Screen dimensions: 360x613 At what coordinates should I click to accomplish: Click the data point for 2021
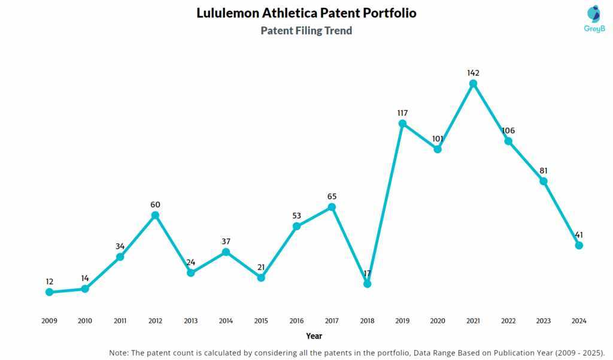[473, 84]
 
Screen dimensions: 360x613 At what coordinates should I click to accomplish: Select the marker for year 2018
[368, 284]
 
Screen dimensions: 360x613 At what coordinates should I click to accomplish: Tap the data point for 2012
[155, 215]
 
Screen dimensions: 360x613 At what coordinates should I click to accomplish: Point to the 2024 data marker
[579, 245]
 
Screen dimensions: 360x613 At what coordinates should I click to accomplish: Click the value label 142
[473, 73]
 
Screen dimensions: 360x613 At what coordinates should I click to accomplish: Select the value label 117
[402, 113]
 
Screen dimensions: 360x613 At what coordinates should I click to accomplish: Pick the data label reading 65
[332, 196]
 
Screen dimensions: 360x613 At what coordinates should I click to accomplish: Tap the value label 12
[49, 281]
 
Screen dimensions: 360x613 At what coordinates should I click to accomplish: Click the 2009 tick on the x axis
[49, 321]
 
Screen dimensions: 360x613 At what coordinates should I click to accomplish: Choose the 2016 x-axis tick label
[296, 321]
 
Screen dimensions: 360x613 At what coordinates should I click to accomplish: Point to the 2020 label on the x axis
[438, 321]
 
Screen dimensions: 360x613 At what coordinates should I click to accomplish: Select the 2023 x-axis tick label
[544, 321]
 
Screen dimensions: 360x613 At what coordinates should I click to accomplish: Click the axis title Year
[314, 336]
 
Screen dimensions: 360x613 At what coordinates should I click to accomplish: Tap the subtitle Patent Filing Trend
[306, 31]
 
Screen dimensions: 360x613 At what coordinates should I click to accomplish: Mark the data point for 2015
[261, 278]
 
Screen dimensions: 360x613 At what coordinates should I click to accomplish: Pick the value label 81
[544, 171]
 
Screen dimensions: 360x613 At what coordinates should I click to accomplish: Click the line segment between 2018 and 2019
[385, 204]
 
